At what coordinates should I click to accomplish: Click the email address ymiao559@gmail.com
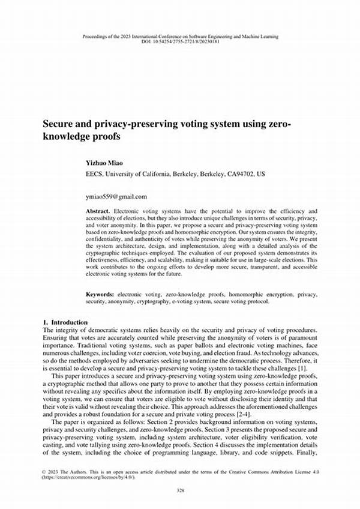click(116, 196)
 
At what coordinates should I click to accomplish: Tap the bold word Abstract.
click(98, 212)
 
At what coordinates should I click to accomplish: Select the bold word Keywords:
click(99, 295)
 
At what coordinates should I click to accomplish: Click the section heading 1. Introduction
click(66, 322)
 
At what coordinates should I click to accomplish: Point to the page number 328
click(180, 490)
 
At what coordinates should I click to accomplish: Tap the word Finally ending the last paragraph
click(305, 454)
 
